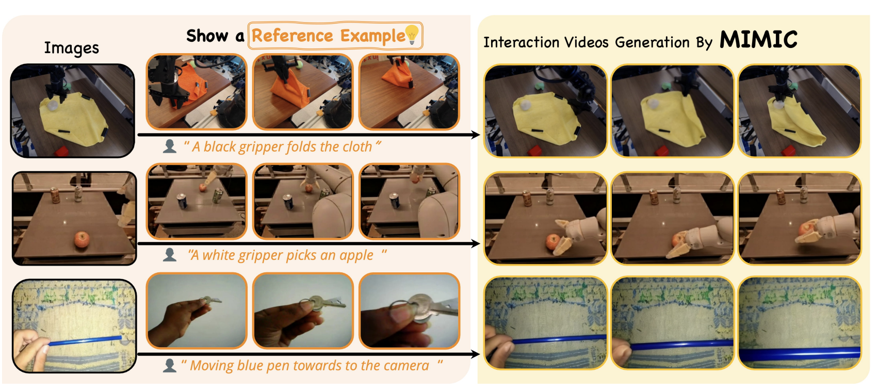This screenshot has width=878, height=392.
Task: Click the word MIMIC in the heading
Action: point(758,40)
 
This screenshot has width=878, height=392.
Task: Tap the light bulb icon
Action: point(412,34)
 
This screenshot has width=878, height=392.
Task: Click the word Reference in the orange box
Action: point(292,36)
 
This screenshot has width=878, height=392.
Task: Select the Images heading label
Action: point(71,48)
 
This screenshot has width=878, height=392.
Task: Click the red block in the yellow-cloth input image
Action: point(61,151)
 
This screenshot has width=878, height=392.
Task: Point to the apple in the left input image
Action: point(82,239)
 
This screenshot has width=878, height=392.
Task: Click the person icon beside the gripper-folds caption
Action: point(170,146)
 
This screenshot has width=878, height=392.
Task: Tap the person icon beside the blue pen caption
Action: point(170,365)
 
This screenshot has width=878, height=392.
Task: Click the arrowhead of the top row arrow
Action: point(476,135)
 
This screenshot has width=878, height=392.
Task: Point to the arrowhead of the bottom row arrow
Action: point(476,354)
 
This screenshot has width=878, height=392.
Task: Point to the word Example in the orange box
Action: point(372,36)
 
